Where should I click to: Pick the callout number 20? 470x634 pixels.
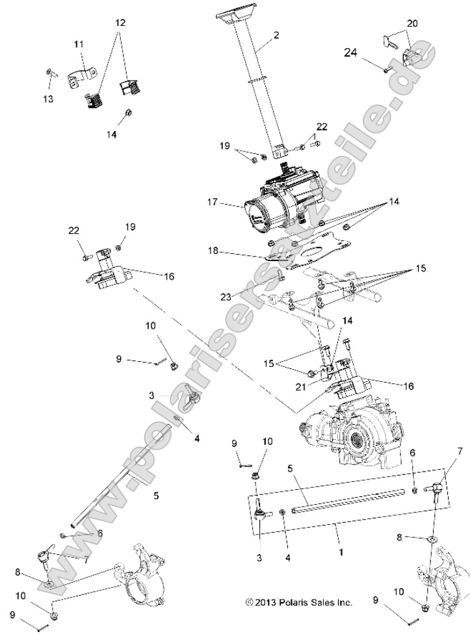[x=412, y=24]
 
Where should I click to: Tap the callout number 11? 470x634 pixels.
[x=78, y=44]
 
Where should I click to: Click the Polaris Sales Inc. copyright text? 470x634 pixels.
[x=299, y=602]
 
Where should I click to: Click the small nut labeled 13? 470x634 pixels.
[x=49, y=72]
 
